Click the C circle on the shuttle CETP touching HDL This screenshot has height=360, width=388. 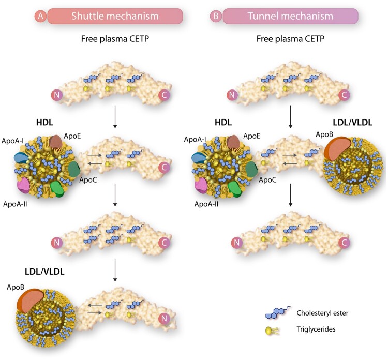point(165,167)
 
